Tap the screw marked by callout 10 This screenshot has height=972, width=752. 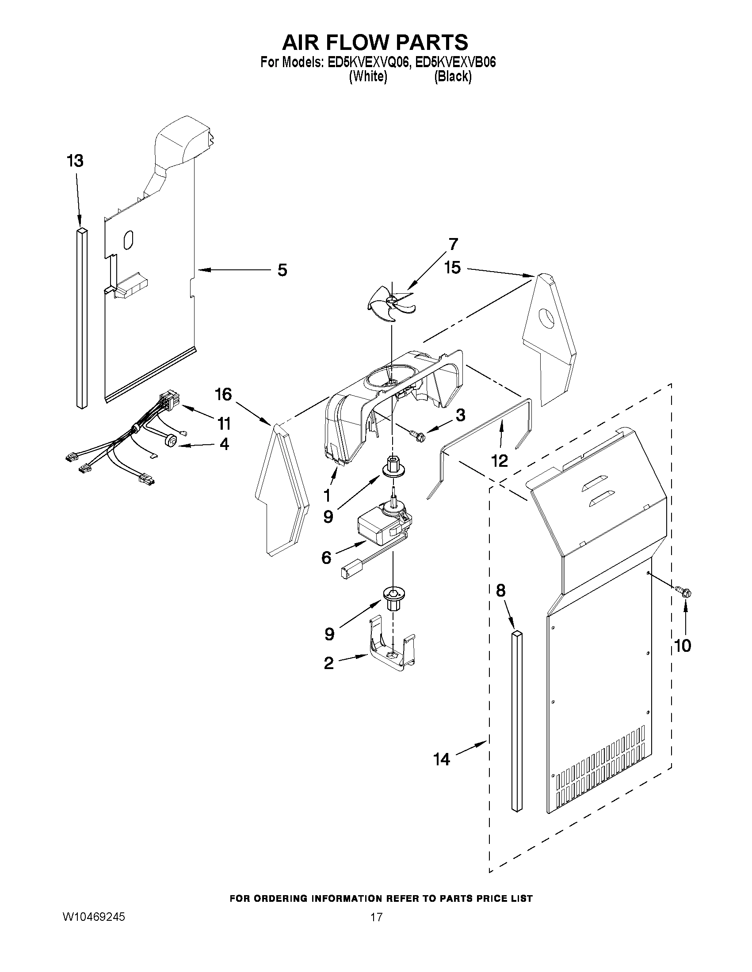coord(684,591)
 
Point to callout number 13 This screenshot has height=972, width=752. coord(75,161)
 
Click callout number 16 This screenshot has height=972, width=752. coord(224,394)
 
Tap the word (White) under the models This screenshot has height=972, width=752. coord(367,76)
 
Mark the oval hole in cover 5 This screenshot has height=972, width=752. coord(128,240)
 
